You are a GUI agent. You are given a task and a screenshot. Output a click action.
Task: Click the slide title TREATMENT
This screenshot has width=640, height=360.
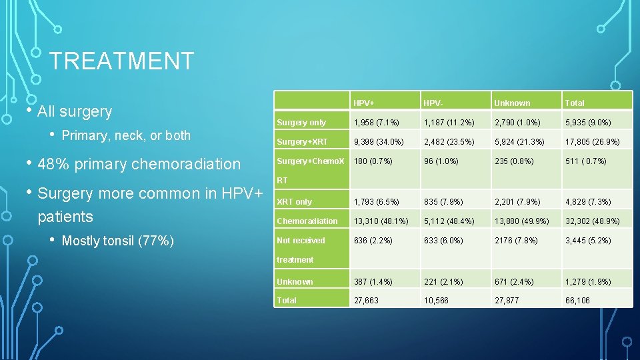(121, 61)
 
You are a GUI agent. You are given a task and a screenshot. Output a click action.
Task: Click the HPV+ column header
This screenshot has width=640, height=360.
(364, 103)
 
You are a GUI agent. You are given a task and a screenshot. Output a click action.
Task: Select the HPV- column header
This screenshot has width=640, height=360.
(433, 103)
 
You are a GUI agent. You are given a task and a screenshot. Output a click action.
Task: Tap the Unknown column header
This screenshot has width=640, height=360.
(512, 103)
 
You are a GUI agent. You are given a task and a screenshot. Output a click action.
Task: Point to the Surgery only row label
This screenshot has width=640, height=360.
(301, 123)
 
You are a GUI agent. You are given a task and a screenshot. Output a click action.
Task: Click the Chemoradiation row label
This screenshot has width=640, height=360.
(307, 221)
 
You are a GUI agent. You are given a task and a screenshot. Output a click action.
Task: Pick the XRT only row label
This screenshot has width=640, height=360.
(294, 202)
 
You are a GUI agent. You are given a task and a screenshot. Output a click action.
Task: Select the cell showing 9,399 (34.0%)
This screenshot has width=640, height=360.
(379, 142)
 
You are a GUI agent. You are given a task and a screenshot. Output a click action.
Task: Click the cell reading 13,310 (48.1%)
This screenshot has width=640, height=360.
(381, 221)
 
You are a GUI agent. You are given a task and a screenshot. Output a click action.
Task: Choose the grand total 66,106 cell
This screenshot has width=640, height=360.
(578, 301)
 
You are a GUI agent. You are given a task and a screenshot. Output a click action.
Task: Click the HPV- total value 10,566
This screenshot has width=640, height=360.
(436, 301)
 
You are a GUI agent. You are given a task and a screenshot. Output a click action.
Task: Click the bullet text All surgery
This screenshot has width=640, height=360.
(75, 111)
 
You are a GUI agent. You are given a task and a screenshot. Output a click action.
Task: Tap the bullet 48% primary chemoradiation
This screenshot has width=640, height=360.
(139, 164)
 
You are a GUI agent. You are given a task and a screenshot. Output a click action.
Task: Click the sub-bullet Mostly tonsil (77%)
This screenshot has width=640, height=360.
(117, 241)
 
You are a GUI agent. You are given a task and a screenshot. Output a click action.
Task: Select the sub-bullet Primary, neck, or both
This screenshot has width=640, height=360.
(125, 135)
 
